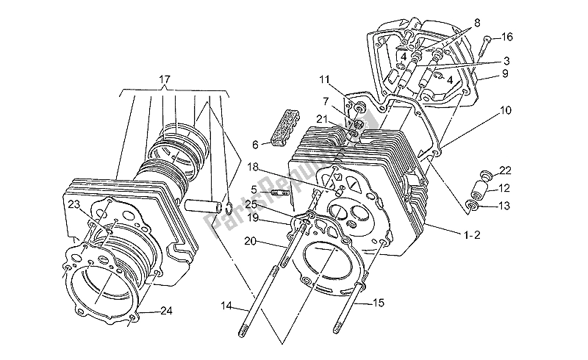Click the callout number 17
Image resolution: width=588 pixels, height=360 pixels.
(164, 79)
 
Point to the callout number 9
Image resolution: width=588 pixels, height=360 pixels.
(484, 73)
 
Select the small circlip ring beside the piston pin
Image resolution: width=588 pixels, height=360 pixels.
(231, 209)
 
